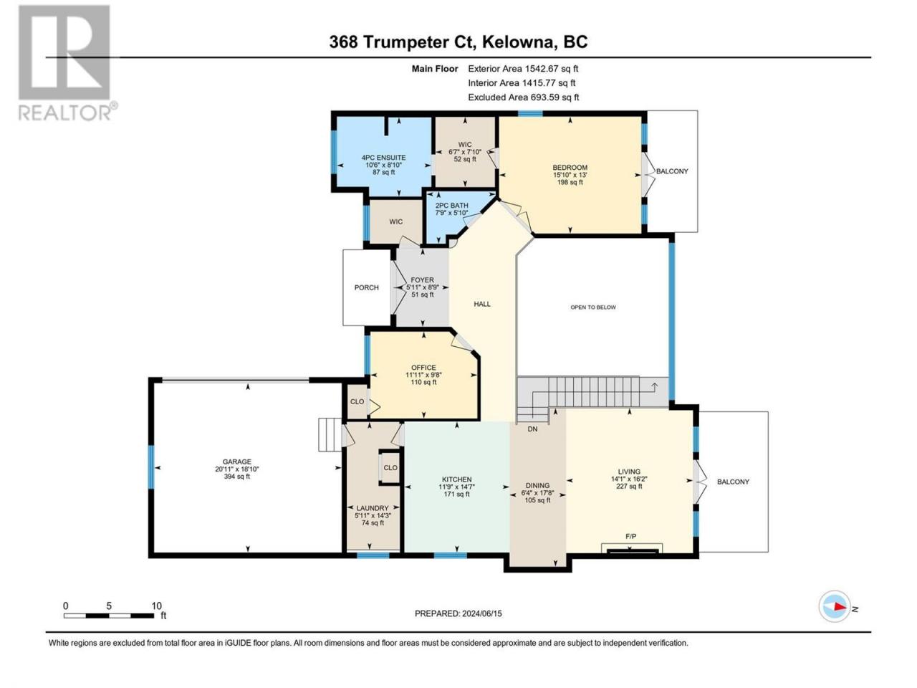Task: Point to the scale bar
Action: pyautogui.click(x=109, y=616)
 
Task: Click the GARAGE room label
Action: pyautogui.click(x=237, y=462)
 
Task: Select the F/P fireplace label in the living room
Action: pyautogui.click(x=631, y=536)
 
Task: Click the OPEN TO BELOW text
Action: pyautogui.click(x=593, y=307)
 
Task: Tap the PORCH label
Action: pyautogui.click(x=366, y=287)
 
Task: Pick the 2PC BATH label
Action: pyautogui.click(x=451, y=206)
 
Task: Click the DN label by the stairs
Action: pyautogui.click(x=532, y=429)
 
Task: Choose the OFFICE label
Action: pyautogui.click(x=423, y=368)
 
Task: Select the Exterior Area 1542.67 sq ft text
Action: pyautogui.click(x=523, y=69)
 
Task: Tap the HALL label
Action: pyautogui.click(x=482, y=304)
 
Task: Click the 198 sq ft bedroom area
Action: pyautogui.click(x=570, y=182)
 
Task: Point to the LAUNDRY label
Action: pyautogui.click(x=373, y=508)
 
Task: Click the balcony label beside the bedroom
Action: pyautogui.click(x=672, y=171)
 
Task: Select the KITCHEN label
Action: pyautogui.click(x=456, y=479)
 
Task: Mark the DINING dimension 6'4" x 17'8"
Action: pyautogui.click(x=537, y=493)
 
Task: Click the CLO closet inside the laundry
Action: pyautogui.click(x=390, y=467)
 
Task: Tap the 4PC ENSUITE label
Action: pyautogui.click(x=383, y=158)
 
